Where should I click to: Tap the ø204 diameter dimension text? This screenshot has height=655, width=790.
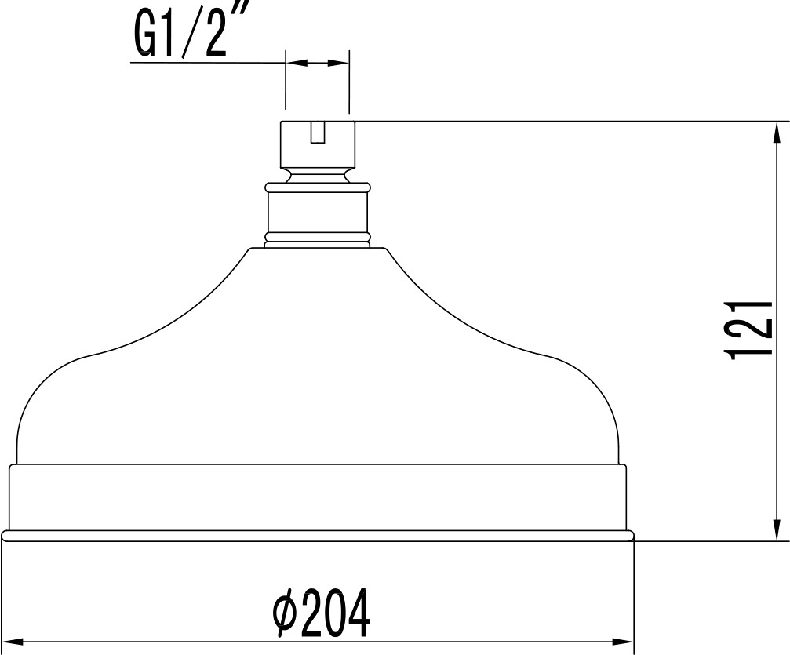click(x=321, y=613)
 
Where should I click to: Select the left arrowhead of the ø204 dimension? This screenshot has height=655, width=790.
click(x=15, y=642)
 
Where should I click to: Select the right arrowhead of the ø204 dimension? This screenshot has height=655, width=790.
click(x=621, y=642)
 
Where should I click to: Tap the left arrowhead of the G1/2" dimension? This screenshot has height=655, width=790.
click(x=297, y=63)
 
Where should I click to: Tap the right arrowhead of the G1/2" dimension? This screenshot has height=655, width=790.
click(x=337, y=63)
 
